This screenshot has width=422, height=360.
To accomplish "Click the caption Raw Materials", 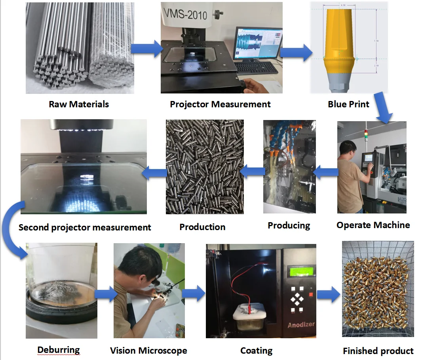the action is [79, 104].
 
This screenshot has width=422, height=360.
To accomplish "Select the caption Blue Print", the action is [348, 104].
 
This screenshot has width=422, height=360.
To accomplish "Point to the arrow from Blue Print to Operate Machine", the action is [382, 108].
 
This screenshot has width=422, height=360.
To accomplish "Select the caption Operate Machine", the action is [373, 225].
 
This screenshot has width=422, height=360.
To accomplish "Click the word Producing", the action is [289, 225].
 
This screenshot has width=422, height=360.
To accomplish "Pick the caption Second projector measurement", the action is [85, 227].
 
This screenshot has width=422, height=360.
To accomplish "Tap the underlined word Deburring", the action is [59, 350].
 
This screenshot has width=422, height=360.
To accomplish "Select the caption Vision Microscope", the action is [148, 350].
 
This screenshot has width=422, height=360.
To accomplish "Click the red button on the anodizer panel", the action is [311, 295].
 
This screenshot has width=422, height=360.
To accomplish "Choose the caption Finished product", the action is [378, 350].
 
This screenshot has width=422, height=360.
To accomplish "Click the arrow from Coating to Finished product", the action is [329, 294].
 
